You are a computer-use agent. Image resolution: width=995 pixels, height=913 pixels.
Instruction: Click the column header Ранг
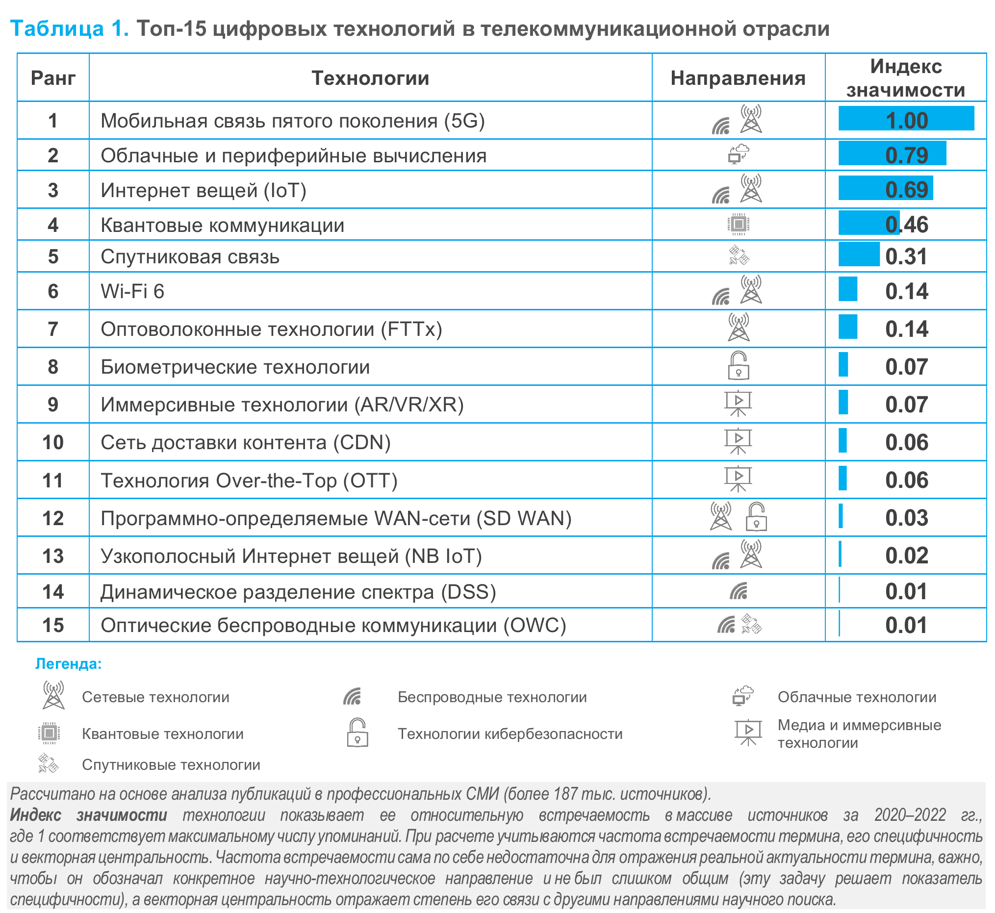[x=53, y=78]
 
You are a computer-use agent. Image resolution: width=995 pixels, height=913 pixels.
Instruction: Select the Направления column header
[x=738, y=78]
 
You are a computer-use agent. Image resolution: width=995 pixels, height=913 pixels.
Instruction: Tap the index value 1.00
[x=907, y=121]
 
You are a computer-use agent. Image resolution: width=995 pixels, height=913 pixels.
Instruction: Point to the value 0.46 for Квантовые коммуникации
[x=907, y=225]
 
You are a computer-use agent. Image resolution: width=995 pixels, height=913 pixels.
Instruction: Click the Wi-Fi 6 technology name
[x=132, y=291]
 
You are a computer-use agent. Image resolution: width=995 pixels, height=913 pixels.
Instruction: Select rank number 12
[x=53, y=518]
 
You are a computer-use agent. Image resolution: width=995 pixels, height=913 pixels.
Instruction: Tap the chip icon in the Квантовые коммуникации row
[x=739, y=224]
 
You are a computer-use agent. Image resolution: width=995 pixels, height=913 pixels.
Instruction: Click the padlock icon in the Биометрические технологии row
[x=739, y=366]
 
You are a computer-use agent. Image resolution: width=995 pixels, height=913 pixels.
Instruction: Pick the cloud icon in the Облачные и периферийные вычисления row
[x=739, y=154]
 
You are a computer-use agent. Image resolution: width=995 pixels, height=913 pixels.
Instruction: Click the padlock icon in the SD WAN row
[x=756, y=517]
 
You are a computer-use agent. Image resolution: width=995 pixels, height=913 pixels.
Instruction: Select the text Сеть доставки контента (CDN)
[x=246, y=442]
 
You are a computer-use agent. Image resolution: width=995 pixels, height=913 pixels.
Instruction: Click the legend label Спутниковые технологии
[x=171, y=765]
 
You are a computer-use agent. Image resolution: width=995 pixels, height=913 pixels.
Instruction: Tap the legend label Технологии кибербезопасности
[x=510, y=734]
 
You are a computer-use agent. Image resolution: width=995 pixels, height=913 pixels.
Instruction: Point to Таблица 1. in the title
[x=70, y=28]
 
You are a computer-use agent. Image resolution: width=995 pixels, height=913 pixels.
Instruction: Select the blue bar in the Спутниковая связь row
[x=859, y=254]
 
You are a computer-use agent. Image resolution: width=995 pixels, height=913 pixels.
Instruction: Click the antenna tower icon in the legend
[x=53, y=695]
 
